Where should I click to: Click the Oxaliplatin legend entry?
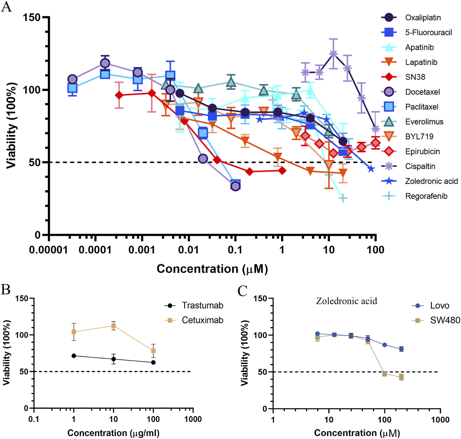(423, 18)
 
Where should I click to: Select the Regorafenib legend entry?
(426, 196)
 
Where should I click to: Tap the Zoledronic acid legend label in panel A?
(431, 181)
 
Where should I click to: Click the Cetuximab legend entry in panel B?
(202, 320)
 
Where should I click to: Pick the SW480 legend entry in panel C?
(445, 320)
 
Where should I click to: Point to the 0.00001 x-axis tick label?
(49, 250)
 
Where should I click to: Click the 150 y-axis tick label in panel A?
(31, 17)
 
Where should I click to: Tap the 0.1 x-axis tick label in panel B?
(34, 419)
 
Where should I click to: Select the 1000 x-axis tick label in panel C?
(440, 419)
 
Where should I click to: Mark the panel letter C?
(242, 291)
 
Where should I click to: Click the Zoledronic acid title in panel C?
(346, 301)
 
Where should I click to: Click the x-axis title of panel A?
(212, 269)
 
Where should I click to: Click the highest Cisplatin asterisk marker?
(333, 54)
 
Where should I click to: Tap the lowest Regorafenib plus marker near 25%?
(343, 198)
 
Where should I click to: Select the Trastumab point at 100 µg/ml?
(153, 362)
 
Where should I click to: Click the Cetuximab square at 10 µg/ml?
(113, 326)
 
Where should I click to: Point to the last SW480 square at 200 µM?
(401, 377)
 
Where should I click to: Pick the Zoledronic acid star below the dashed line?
(371, 169)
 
